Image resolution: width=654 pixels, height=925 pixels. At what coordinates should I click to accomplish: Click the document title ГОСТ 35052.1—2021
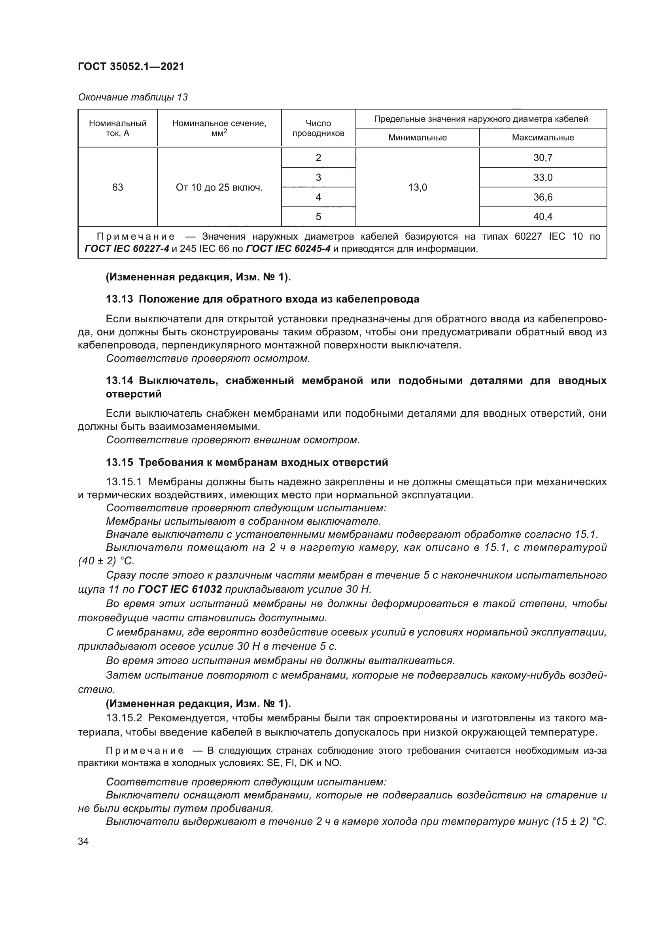tap(131, 66)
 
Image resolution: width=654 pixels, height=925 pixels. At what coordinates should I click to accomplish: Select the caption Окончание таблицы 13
tap(133, 98)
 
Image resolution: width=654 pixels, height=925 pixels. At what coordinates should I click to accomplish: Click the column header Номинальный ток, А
tap(117, 128)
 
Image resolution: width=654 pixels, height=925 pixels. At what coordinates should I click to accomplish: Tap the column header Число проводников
tap(318, 128)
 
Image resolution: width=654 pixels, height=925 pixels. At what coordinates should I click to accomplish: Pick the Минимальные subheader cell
tap(417, 138)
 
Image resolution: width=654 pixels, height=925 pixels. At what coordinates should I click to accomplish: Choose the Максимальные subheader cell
tap(542, 138)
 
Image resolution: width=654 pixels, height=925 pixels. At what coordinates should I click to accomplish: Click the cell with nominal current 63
tap(117, 187)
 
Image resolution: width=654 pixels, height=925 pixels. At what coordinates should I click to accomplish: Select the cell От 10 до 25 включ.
tap(219, 187)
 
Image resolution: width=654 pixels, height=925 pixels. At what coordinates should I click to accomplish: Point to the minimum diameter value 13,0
tap(417, 187)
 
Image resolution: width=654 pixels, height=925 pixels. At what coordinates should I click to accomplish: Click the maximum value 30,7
tap(542, 158)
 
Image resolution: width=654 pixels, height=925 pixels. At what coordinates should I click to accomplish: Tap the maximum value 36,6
tap(542, 197)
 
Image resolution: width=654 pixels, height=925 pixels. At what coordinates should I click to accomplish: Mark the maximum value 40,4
tap(542, 217)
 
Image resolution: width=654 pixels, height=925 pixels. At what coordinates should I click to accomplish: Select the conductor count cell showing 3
tap(318, 178)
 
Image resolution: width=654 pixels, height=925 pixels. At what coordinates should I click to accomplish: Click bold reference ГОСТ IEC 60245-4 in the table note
tap(288, 249)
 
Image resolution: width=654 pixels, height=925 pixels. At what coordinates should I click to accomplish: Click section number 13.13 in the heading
tap(119, 299)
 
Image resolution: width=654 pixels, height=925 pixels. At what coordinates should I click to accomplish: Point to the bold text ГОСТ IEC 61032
tap(180, 589)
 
